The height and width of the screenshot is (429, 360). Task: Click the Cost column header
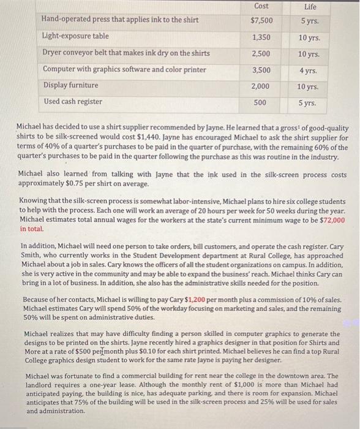pos(261,6)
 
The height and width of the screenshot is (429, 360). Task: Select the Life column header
pos(310,6)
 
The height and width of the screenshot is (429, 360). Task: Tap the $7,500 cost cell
pos(261,20)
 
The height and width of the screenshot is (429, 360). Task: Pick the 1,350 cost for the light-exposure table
pos(261,37)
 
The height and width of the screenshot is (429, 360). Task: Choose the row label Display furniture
pos(70,85)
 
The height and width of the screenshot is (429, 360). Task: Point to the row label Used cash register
pos(72,101)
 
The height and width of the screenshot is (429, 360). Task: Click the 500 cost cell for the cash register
pos(261,102)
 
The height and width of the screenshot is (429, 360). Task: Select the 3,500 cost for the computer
pos(261,69)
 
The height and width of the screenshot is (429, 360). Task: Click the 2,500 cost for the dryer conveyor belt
pos(261,53)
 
